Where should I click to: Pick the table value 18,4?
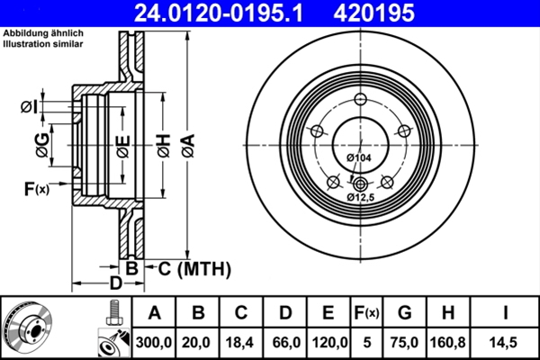[x=241, y=343]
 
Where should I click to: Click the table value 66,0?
[x=284, y=343]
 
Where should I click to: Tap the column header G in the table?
[x=404, y=313]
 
